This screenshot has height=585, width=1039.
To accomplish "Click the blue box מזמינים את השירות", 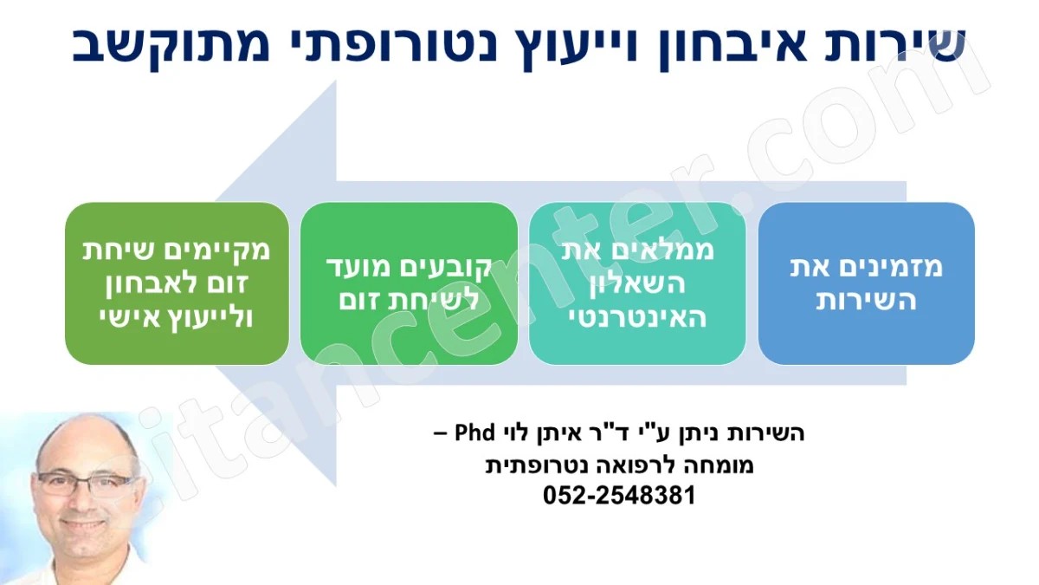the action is [866, 283].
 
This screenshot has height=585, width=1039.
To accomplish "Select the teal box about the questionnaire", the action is [637, 283].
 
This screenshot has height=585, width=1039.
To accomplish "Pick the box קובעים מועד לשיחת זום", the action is [409, 283].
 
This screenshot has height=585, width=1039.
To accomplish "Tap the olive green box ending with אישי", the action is [177, 283].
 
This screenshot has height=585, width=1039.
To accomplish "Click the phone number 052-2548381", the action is [619, 496].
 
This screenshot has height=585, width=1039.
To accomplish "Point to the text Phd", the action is [474, 432].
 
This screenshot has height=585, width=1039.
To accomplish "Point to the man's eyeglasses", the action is [85, 483].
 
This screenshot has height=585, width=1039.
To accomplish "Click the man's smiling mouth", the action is [85, 525].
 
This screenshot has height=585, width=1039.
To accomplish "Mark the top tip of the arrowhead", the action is [335, 81].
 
